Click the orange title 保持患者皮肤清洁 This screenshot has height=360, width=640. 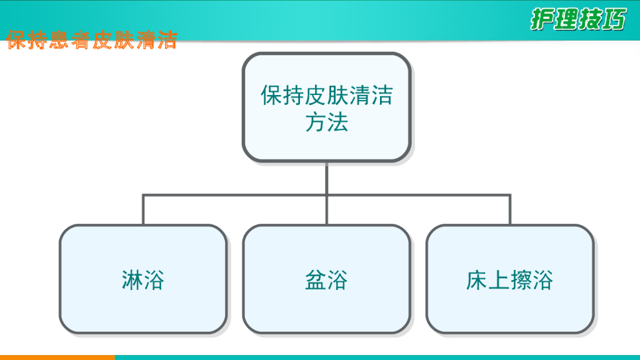click(92, 40)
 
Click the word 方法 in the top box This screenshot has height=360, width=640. click(326, 122)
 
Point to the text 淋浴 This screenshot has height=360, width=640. click(143, 280)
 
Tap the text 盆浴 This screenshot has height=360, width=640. click(326, 280)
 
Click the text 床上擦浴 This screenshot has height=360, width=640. click(509, 280)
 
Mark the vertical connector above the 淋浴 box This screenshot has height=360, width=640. click(143, 210)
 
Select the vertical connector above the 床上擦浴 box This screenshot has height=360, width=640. click(510, 210)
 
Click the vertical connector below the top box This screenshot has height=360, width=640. click(326, 178)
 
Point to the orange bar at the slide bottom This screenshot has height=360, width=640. click(56, 357)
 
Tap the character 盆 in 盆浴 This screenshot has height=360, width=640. click(316, 280)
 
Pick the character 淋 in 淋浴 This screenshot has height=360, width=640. click(132, 280)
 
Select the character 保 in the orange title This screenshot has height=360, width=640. click(17, 40)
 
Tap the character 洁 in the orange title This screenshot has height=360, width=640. click(167, 40)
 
